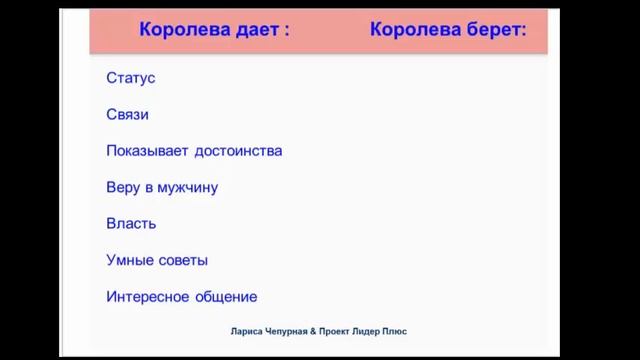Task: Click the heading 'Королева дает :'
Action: pyautogui.click(x=214, y=30)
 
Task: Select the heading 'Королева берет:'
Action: pyautogui.click(x=448, y=30)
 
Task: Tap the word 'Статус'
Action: pyautogui.click(x=131, y=78)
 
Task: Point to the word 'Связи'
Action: pyautogui.click(x=128, y=114)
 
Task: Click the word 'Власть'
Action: pyautogui.click(x=131, y=224)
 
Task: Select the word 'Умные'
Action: pyautogui.click(x=129, y=260)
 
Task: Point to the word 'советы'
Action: pyautogui.click(x=182, y=260)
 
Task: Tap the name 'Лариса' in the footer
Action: pyautogui.click(x=249, y=332)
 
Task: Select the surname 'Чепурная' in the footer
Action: pyautogui.click(x=291, y=332)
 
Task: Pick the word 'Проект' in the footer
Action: pyautogui.click(x=346, y=332)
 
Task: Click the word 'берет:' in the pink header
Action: pyautogui.click(x=491, y=30)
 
